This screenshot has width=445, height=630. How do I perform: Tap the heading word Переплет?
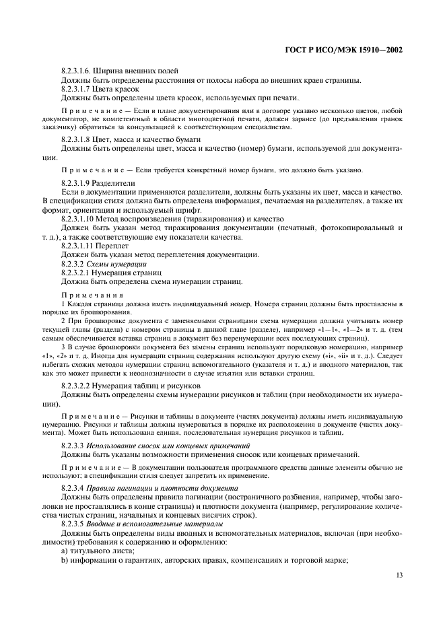tap(118, 245)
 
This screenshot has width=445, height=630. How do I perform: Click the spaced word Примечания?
tap(92, 295)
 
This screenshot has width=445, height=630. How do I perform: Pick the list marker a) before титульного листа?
tap(64, 550)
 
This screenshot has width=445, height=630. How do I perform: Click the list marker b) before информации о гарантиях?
tap(64, 559)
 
